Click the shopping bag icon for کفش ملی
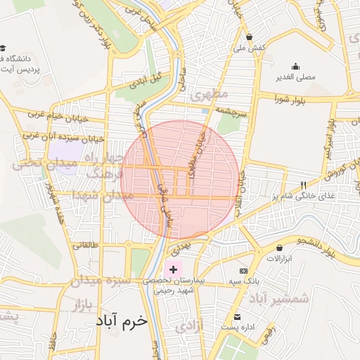249,37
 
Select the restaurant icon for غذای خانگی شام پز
304,186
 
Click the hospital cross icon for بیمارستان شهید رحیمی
174,270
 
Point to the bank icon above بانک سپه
243,271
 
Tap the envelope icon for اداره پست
237,316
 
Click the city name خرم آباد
122,321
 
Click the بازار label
82,304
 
